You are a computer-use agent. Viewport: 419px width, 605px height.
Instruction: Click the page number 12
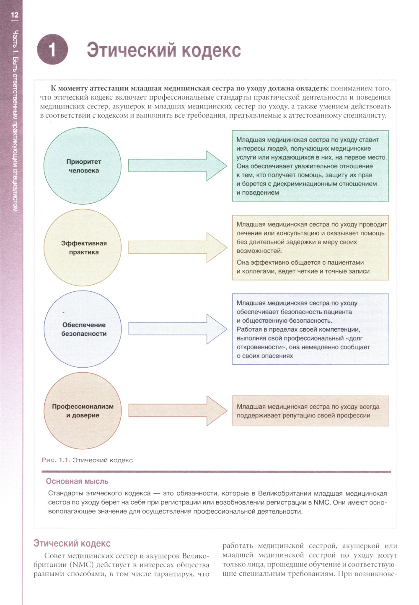pyautogui.click(x=15, y=15)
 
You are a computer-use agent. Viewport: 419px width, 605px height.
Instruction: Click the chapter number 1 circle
pyautogui.click(x=52, y=50)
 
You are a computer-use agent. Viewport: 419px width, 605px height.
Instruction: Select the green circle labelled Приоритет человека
pyautogui.click(x=83, y=166)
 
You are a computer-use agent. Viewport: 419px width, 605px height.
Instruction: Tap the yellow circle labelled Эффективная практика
pyautogui.click(x=83, y=247)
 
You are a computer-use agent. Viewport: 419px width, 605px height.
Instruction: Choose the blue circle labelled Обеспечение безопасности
pyautogui.click(x=83, y=329)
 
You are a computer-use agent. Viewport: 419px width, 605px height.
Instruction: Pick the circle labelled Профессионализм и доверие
pyautogui.click(x=83, y=411)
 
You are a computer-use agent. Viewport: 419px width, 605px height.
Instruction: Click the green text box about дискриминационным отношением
pyautogui.click(x=310, y=166)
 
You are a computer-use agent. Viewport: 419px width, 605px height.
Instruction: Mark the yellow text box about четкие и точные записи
pyautogui.click(x=310, y=247)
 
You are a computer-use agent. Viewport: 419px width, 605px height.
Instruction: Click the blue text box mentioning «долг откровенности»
pyautogui.click(x=310, y=329)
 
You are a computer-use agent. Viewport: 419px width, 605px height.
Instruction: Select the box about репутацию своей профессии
pyautogui.click(x=310, y=411)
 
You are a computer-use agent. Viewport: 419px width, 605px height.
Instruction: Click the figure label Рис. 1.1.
pyautogui.click(x=55, y=460)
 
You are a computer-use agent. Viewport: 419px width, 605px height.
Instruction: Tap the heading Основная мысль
pyautogui.click(x=77, y=481)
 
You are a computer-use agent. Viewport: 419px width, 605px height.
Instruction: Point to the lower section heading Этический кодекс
pyautogui.click(x=72, y=543)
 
